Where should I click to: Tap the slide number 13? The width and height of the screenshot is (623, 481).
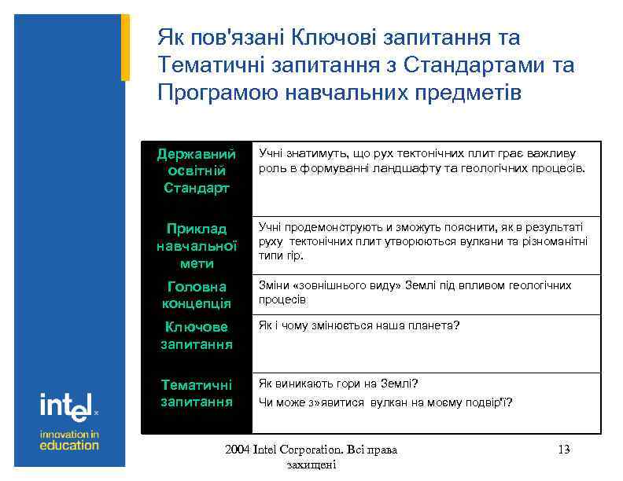point(563,450)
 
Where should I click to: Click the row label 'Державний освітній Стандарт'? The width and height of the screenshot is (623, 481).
point(196,171)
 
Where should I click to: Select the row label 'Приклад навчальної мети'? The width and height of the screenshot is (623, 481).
point(196,246)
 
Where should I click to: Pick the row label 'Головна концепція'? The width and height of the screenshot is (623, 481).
point(196,296)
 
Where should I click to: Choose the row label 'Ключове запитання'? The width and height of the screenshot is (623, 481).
point(196,336)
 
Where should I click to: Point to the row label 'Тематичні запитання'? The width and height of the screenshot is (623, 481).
point(196,393)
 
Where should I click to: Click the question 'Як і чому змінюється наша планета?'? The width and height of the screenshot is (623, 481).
point(359,325)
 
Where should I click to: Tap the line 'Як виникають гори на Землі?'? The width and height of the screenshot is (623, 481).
point(338,384)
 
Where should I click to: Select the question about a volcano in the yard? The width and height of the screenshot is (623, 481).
point(385,402)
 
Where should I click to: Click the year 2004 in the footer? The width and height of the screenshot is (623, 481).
point(237,450)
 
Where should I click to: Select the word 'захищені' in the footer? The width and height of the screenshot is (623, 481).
point(312,465)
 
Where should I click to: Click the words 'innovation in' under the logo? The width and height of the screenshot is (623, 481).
point(69,434)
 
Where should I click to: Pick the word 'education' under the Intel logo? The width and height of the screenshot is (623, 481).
point(69,445)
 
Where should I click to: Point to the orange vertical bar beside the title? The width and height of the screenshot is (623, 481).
point(125,47)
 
